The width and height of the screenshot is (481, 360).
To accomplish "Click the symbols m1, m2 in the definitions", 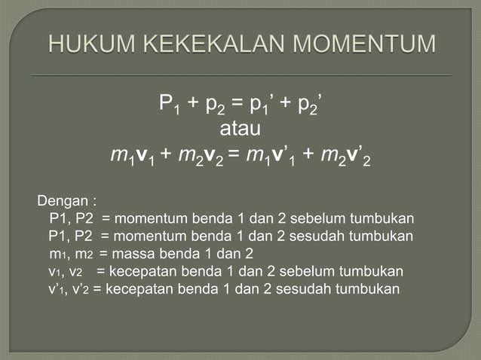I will (x=72, y=255).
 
